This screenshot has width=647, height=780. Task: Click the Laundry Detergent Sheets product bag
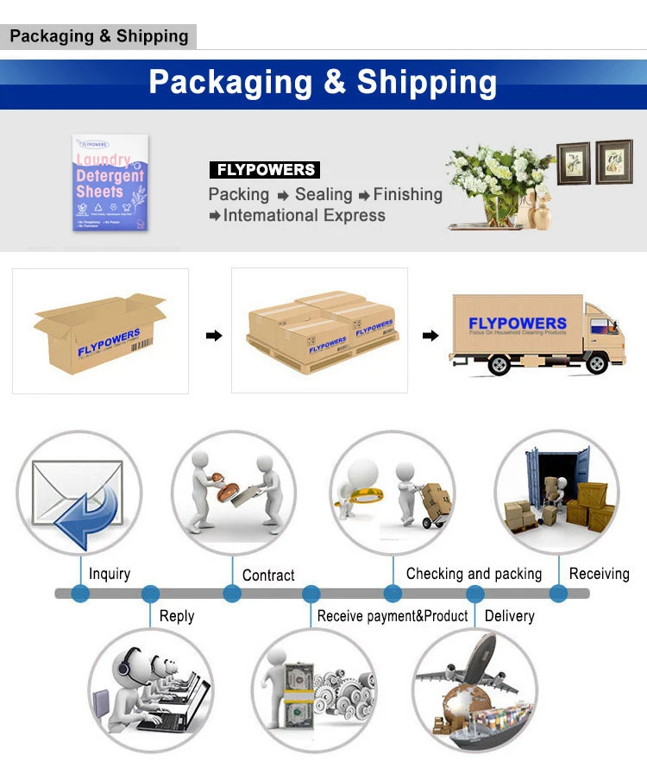click(x=110, y=183)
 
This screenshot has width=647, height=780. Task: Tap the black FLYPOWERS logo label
click(x=264, y=170)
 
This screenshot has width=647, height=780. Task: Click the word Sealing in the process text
click(x=323, y=195)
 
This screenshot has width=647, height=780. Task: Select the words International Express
click(x=304, y=216)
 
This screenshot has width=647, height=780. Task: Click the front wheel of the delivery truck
click(x=498, y=365)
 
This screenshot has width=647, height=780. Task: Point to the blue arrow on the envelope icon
click(x=88, y=515)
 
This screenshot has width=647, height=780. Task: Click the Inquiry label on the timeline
click(x=110, y=574)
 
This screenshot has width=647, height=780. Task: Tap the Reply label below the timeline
click(x=177, y=616)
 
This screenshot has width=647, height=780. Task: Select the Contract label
click(x=268, y=576)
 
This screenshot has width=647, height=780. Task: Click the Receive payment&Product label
click(x=393, y=616)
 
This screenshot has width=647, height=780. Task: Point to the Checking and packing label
click(x=474, y=574)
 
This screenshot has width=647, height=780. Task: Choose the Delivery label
click(x=509, y=616)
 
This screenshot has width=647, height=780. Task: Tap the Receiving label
click(x=599, y=574)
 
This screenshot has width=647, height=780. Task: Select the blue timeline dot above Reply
click(x=150, y=594)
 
